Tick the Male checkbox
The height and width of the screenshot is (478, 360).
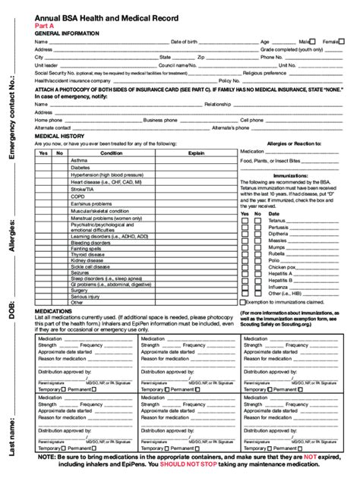(x=313, y=42)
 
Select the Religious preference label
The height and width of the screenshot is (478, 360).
(x=264, y=72)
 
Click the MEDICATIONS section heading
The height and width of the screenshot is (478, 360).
(x=55, y=310)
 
